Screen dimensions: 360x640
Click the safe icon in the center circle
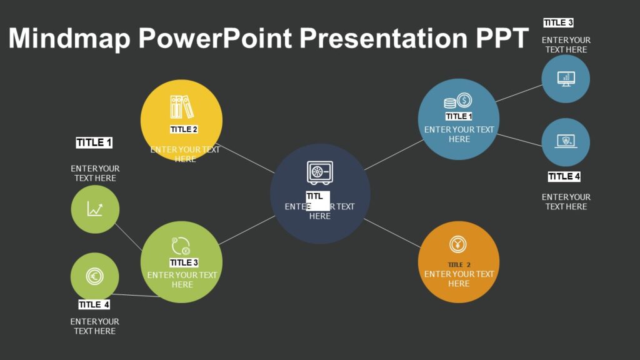(319, 172)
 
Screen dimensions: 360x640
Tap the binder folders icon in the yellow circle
(181, 107)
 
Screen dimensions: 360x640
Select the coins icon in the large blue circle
(458, 101)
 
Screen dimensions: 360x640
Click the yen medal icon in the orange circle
(458, 245)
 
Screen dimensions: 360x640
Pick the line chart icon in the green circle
(95, 209)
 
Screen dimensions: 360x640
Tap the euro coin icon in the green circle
(95, 276)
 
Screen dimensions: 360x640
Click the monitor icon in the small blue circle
(566, 79)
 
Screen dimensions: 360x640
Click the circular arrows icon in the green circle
(181, 246)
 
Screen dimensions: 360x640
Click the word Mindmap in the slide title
(69, 39)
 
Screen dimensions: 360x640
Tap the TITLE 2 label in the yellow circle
(184, 129)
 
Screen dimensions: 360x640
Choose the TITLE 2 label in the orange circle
(459, 264)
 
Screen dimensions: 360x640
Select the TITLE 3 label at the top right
(558, 23)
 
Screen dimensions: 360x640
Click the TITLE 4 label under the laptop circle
(564, 177)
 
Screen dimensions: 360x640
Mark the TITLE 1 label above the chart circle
(94, 143)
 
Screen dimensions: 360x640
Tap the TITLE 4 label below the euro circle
(94, 304)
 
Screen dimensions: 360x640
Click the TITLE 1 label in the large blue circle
(459, 116)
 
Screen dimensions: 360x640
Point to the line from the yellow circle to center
(247, 159)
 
